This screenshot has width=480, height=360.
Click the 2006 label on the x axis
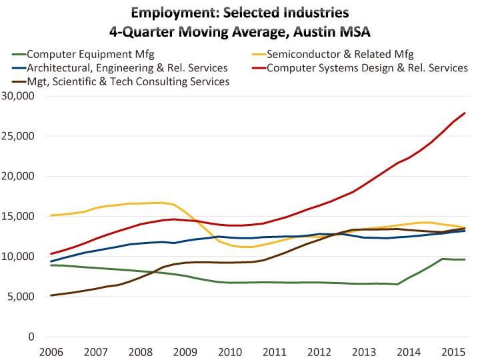point(51,351)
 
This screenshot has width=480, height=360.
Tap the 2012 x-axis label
point(319,351)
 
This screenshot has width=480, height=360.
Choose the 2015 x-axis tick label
point(454,351)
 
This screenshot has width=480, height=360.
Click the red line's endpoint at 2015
point(465,113)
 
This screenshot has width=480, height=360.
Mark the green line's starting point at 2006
point(51,265)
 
